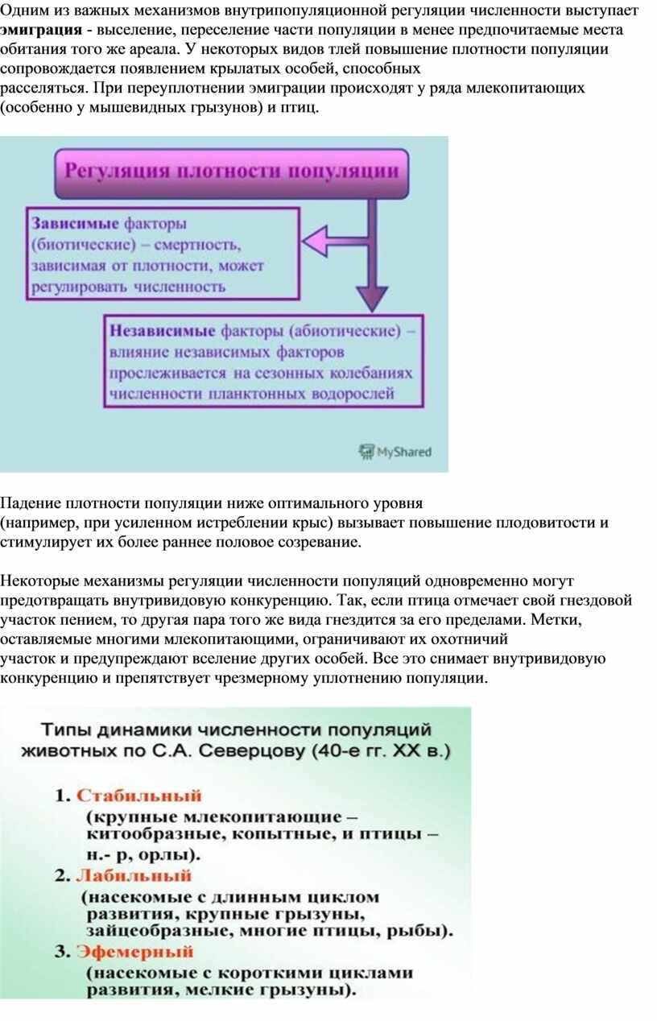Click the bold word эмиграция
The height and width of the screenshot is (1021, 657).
coord(41,31)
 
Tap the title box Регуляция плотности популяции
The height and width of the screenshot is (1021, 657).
coord(231,174)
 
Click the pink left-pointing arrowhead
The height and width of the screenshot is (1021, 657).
coord(314,241)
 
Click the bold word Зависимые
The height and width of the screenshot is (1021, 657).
coord(75,224)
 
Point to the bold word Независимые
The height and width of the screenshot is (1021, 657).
coord(162,331)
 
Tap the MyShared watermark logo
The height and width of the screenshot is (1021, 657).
coord(395,452)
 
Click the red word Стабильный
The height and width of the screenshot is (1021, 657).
coord(139,796)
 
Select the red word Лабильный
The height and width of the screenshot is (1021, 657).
coord(134,875)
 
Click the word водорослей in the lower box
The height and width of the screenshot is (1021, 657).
coord(353,394)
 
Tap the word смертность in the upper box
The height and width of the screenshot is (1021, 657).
coord(197,246)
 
